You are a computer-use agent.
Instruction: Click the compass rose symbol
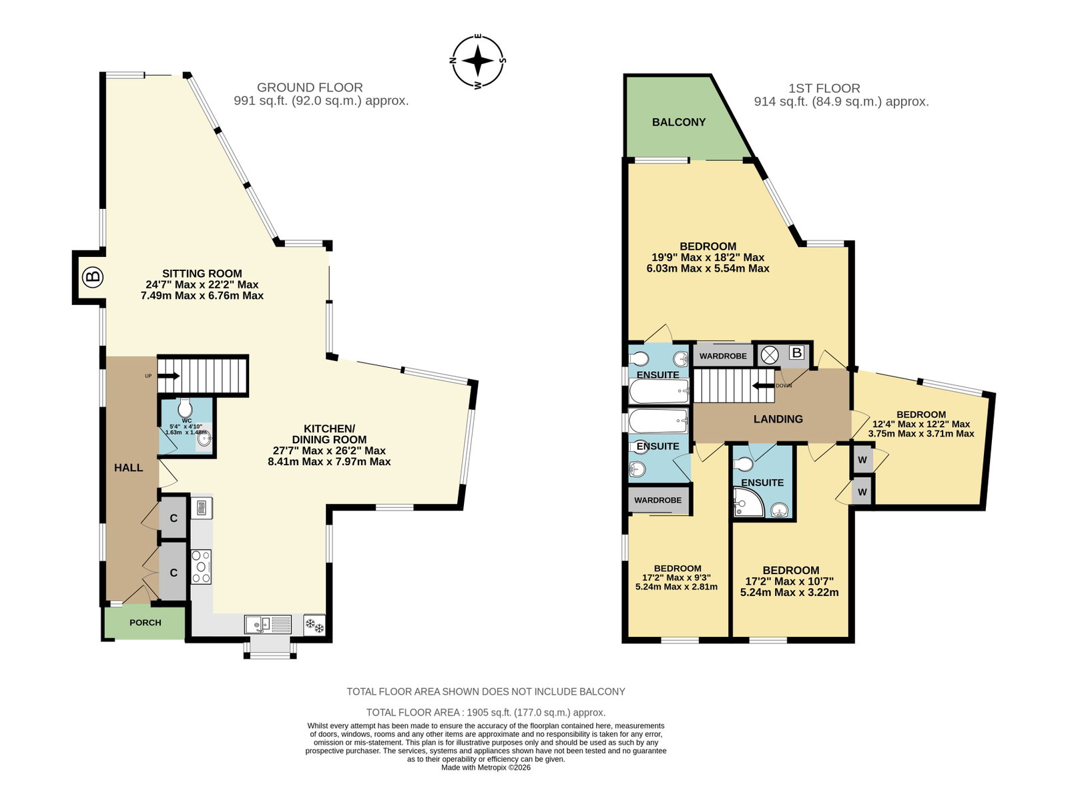tap(478, 61)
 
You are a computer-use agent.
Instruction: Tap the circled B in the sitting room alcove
tap(92, 277)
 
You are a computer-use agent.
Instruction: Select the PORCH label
tap(145, 622)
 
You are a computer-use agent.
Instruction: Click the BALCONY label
tap(679, 122)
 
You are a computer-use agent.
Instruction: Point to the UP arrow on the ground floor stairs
tap(169, 376)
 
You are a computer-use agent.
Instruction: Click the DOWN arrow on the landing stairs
tap(764, 386)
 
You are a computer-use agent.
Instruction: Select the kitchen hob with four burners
tap(201, 566)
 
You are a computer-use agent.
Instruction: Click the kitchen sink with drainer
tap(268, 625)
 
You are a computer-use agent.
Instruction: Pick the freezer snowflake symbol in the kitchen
tap(314, 625)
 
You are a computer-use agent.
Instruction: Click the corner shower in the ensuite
tap(749, 503)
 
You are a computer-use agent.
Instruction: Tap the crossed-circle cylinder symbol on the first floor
tap(769, 354)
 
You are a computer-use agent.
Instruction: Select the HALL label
tap(128, 468)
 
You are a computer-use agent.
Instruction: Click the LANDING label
tap(778, 419)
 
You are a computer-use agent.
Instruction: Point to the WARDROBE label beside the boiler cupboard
tap(723, 356)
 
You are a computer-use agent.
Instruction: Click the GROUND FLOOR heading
tap(310, 87)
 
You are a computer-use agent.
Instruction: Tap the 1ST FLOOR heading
tap(824, 89)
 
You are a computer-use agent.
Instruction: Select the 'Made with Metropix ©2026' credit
tap(485, 768)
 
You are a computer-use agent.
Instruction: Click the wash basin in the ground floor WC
tap(204, 439)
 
